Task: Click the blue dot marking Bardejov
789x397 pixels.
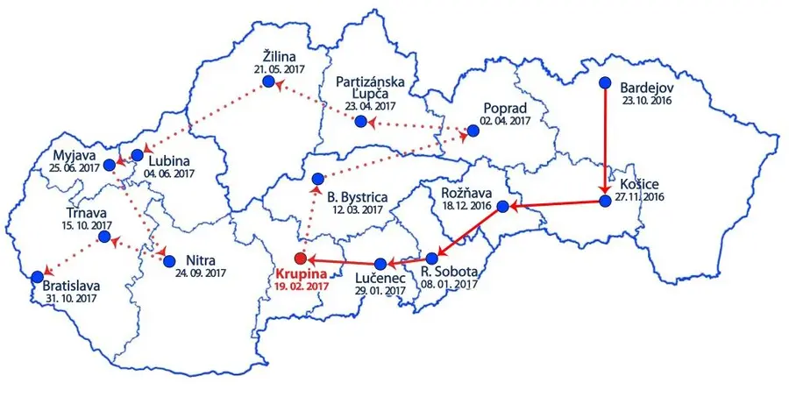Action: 605,83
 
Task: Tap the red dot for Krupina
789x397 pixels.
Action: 301,259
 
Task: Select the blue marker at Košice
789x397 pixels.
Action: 604,201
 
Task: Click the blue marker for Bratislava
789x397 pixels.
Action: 37,277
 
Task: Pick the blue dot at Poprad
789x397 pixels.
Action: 473,131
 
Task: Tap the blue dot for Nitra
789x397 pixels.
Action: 170,260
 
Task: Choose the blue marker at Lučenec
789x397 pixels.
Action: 380,263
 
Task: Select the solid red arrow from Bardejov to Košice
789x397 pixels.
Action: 605,140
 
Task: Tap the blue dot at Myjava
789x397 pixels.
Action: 110,164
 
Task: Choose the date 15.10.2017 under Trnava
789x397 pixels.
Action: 89,225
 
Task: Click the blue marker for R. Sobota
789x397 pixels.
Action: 431,259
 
